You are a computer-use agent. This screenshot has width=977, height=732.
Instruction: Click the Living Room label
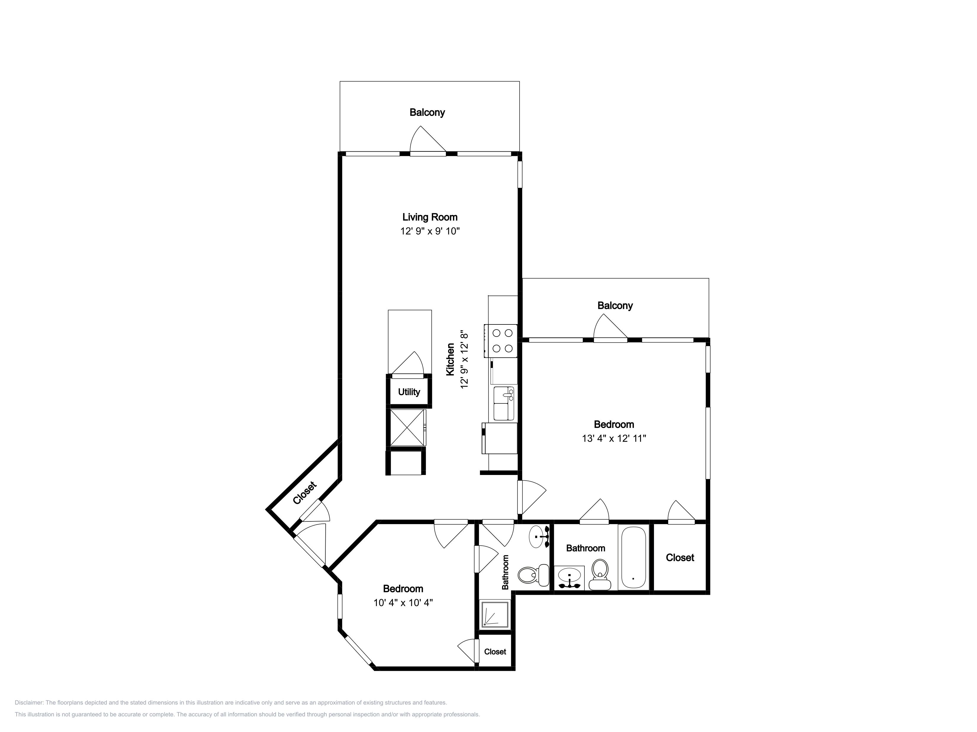(x=430, y=217)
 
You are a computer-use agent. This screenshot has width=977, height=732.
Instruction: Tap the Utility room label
(x=409, y=392)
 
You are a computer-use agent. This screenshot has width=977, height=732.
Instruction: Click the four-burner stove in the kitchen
(x=501, y=341)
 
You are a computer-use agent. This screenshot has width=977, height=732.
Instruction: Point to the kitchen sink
(x=504, y=403)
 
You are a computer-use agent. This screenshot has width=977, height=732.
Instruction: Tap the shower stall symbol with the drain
(x=495, y=614)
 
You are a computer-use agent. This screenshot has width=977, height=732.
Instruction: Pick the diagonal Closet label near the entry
(x=305, y=493)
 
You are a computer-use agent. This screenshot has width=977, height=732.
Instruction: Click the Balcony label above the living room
(x=427, y=112)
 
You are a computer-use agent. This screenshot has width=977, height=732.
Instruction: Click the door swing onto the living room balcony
(x=428, y=140)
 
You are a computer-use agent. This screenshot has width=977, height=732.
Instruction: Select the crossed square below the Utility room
(x=408, y=428)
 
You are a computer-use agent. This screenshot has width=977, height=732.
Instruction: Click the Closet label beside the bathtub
(x=680, y=558)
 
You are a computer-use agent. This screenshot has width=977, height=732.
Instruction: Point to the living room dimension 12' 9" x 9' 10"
(x=430, y=231)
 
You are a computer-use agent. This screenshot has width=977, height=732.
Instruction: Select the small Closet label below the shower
(x=495, y=652)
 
